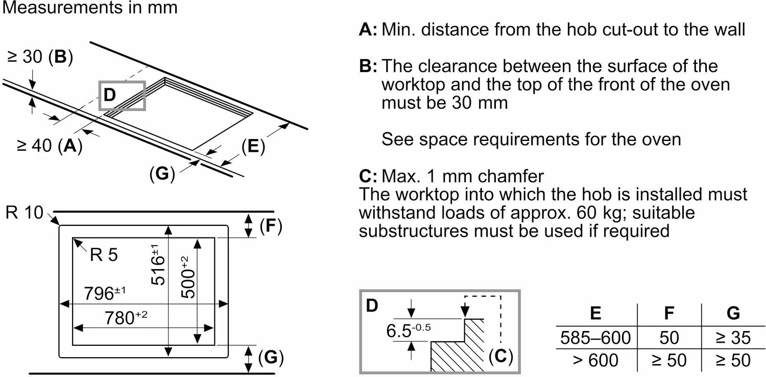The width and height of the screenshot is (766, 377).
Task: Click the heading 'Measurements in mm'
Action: coord(90,8)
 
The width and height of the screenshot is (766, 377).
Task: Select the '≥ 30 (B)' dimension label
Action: coord(40,57)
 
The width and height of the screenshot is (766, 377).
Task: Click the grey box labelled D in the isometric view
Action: coord(123,96)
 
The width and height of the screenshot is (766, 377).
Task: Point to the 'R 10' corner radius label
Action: coord(25,213)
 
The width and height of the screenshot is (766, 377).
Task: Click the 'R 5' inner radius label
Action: coord(103,254)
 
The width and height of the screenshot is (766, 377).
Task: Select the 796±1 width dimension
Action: coord(103,294)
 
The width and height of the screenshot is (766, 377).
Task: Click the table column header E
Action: coord(595,313)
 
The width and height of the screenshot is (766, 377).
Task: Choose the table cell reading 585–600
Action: coord(595,337)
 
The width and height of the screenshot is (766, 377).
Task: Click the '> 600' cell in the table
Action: coord(595,360)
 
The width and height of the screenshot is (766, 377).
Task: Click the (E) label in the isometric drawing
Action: coord(253,147)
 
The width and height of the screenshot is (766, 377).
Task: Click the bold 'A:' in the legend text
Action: coord(368,30)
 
